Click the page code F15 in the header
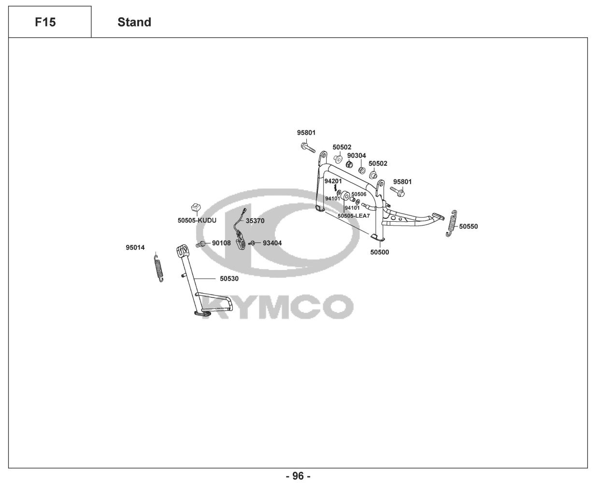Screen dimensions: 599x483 (x=45, y=22)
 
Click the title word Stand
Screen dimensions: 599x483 (x=134, y=22)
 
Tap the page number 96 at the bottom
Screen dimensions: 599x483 (x=299, y=476)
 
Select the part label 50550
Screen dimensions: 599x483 (x=468, y=227)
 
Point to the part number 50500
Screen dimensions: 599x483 (x=379, y=252)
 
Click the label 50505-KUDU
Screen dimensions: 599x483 (x=197, y=220)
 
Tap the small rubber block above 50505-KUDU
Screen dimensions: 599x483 (x=196, y=208)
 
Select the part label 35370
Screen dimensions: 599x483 (x=255, y=220)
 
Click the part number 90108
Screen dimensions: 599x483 (x=221, y=243)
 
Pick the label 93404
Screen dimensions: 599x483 (x=272, y=243)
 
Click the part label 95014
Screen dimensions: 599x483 (x=135, y=248)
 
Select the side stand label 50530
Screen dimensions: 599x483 (x=229, y=279)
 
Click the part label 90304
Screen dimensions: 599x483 (x=357, y=156)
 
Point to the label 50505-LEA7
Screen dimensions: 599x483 (x=354, y=216)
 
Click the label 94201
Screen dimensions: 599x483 (x=333, y=181)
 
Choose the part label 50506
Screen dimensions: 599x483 (x=358, y=194)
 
